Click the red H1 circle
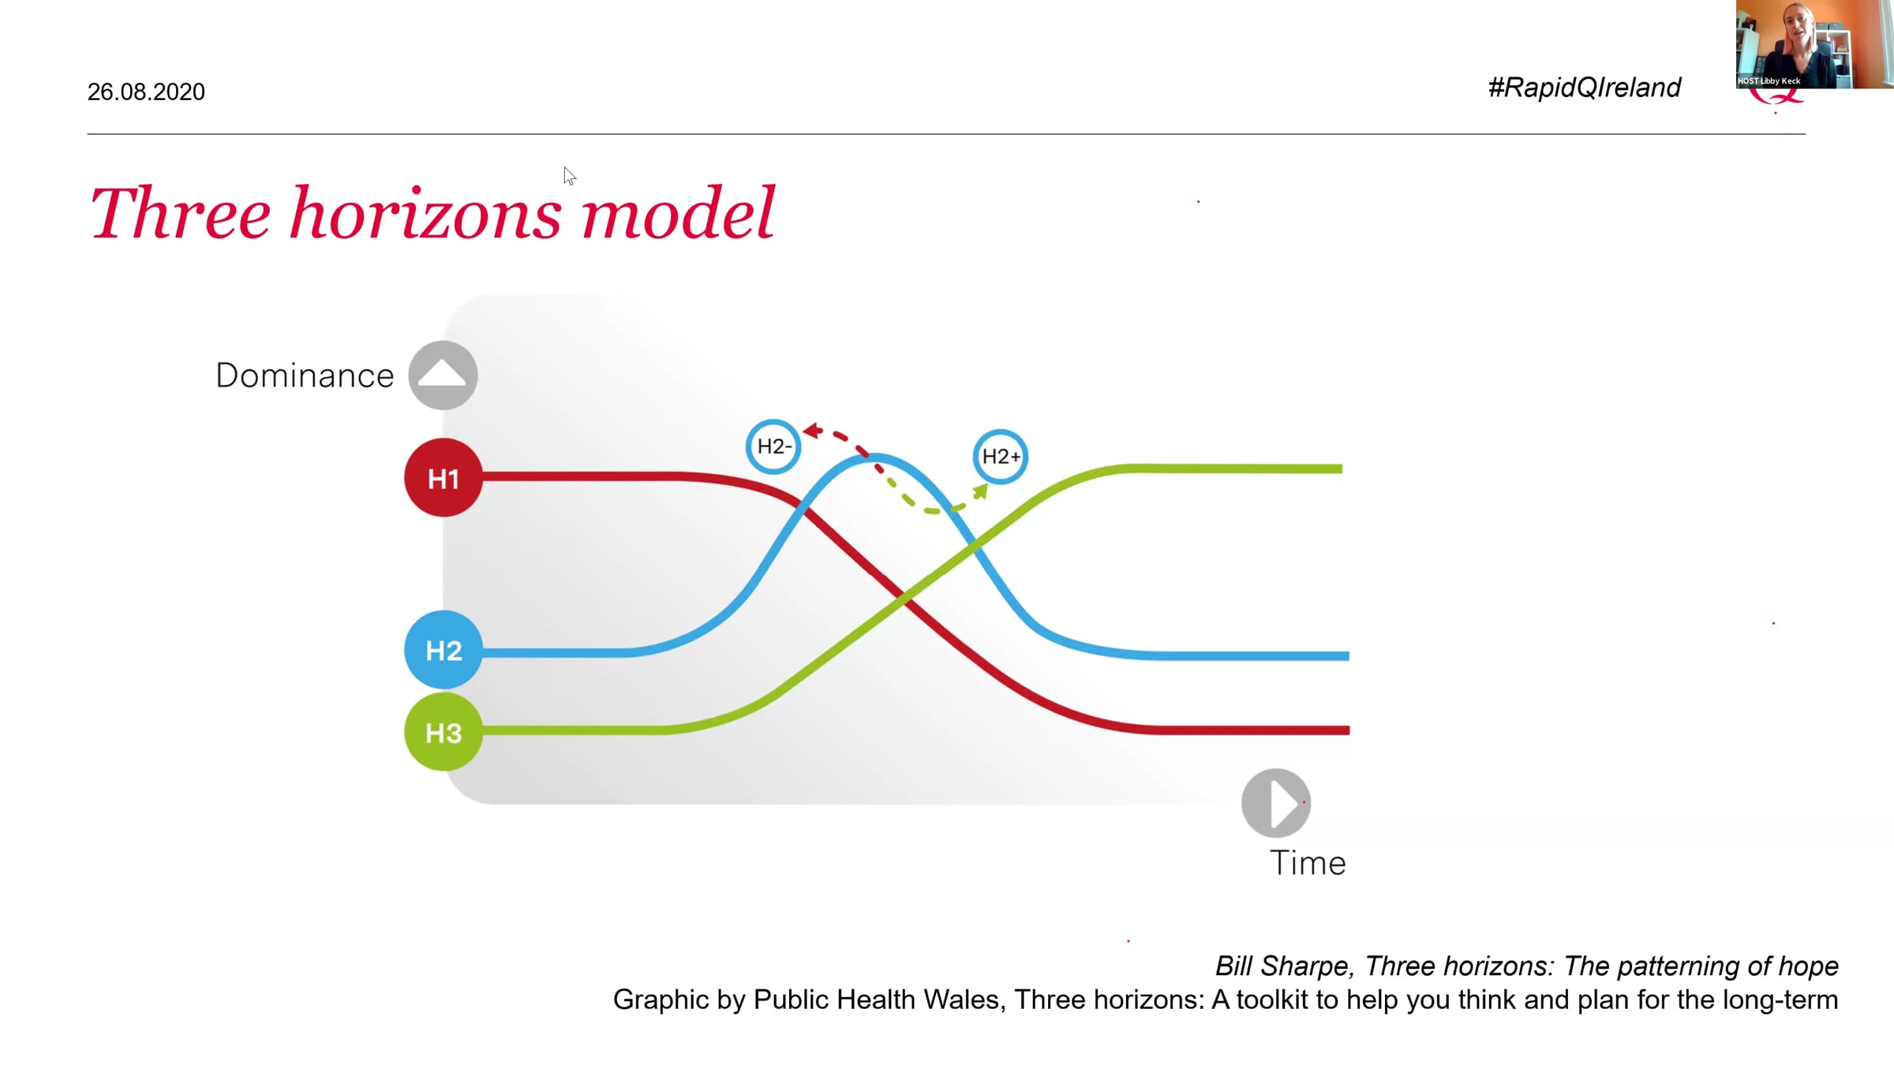443,477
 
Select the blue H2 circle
443,649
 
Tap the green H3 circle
443,732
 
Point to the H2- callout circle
773,447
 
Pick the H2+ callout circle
1000,456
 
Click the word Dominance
305,376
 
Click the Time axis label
1308,863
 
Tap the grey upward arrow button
443,375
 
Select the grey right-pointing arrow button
1276,803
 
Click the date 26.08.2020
146,92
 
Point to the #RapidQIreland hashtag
1584,87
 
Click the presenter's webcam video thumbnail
1814,44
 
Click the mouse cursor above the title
570,176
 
